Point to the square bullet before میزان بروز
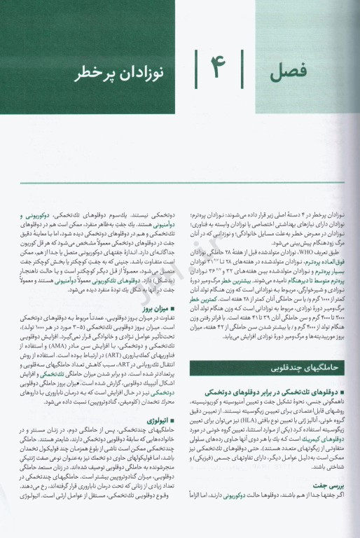(x=167, y=308)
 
